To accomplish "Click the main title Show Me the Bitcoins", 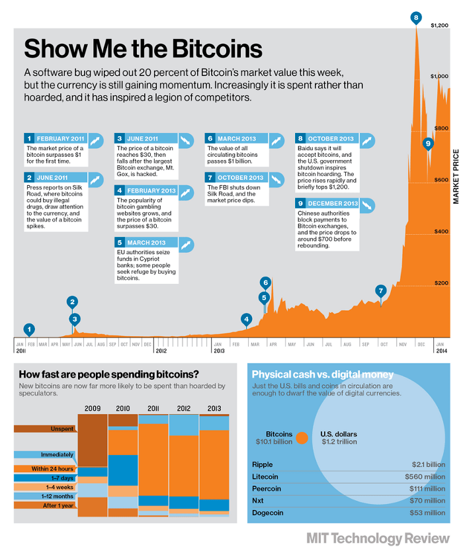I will pyautogui.click(x=143, y=49).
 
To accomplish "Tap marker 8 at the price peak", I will pyautogui.click(x=415, y=18).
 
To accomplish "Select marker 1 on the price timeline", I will pyautogui.click(x=28, y=329).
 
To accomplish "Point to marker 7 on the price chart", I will pyautogui.click(x=380, y=290).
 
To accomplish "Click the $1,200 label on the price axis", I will pyautogui.click(x=440, y=25).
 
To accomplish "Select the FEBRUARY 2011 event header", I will pyautogui.click(x=60, y=139).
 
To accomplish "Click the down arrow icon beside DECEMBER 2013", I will pyautogui.click(x=367, y=204).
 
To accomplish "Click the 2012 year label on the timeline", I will pyautogui.click(x=161, y=351).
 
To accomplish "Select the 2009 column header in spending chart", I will pyautogui.click(x=93, y=408).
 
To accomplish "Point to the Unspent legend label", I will pyautogui.click(x=62, y=429).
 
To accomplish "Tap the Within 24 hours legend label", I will pyautogui.click(x=54, y=469).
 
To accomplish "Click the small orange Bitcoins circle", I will pyautogui.click(x=302, y=438).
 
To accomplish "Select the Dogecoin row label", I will pyautogui.click(x=267, y=513).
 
